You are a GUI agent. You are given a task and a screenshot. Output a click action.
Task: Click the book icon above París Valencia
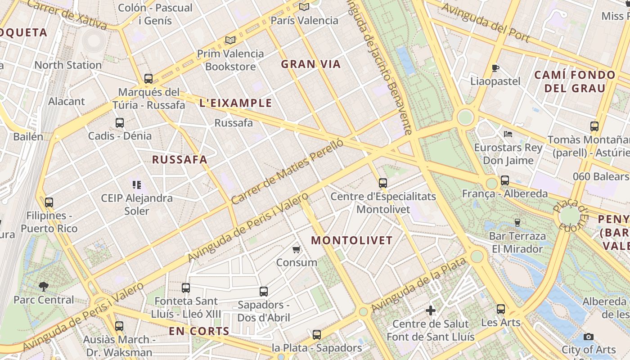pyautogui.click(x=304, y=7)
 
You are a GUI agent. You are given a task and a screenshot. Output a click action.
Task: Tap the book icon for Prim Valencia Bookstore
pyautogui.click(x=230, y=40)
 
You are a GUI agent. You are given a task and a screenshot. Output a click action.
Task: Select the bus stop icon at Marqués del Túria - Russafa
pyautogui.click(x=148, y=78)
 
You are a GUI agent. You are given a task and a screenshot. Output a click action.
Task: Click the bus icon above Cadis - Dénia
pyautogui.click(x=120, y=122)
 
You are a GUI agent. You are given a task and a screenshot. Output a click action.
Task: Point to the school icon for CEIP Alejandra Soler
pyautogui.click(x=137, y=184)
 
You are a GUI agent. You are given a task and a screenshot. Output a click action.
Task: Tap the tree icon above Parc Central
pyautogui.click(x=44, y=286)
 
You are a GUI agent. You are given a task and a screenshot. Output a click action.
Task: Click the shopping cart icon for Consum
pyautogui.click(x=296, y=249)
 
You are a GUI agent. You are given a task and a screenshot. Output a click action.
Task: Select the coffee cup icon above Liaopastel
pyautogui.click(x=495, y=68)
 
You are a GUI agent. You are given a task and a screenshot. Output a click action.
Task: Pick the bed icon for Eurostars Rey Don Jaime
pyautogui.click(x=508, y=134)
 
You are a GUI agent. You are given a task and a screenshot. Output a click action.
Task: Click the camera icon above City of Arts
pyautogui.click(x=588, y=337)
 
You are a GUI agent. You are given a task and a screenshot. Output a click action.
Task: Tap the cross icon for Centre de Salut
pyautogui.click(x=431, y=310)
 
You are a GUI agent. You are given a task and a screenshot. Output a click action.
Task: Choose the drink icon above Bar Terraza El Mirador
pyautogui.click(x=517, y=222)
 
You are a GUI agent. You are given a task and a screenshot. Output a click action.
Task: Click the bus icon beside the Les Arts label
pyautogui.click(x=501, y=309)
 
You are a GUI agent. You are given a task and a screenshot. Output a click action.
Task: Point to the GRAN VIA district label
pyautogui.click(x=311, y=64)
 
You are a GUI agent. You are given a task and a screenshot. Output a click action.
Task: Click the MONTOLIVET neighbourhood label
pyautogui.click(x=352, y=240)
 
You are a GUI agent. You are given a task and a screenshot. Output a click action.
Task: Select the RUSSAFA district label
pyautogui.click(x=180, y=160)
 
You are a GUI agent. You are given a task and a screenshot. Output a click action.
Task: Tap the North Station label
pyautogui.click(x=68, y=65)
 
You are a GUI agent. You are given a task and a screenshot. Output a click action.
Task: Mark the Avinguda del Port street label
pyautogui.click(x=486, y=23)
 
